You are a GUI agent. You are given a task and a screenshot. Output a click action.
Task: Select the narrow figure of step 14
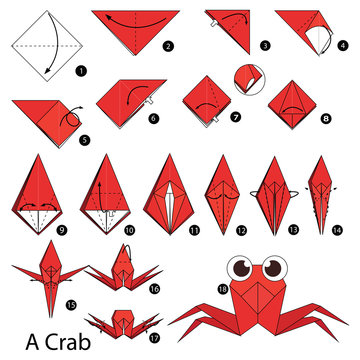(319, 195)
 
